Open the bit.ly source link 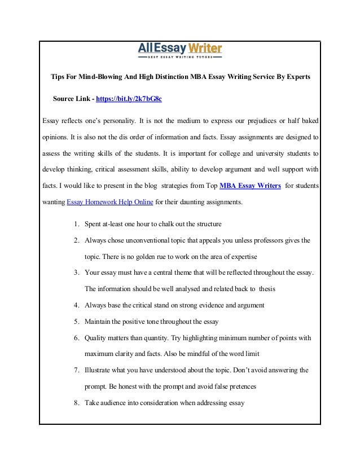click(x=129, y=99)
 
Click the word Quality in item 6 click(x=95, y=338)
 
